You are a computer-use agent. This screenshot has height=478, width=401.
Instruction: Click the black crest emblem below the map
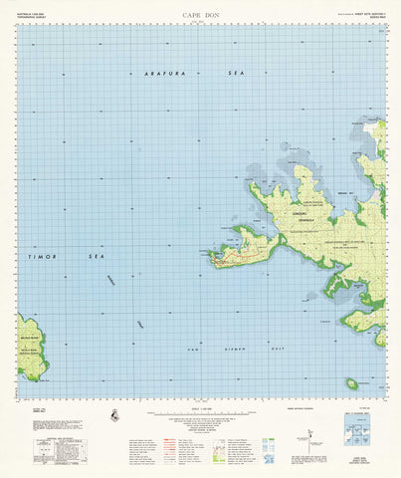(x=116, y=417)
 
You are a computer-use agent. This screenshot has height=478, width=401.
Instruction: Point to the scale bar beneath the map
(x=200, y=411)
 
